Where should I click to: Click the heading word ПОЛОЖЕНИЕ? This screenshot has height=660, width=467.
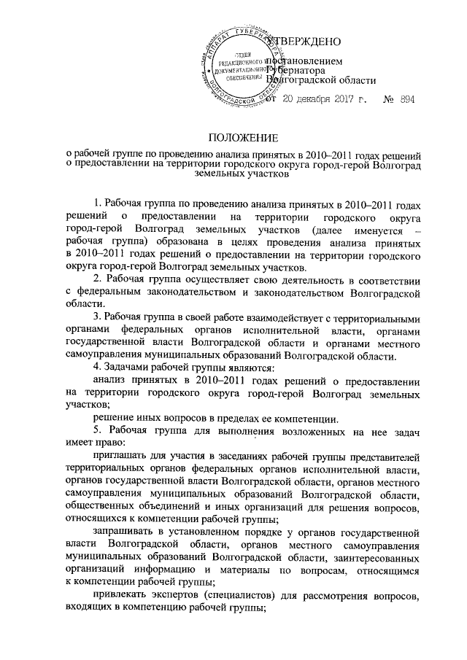(x=233, y=136)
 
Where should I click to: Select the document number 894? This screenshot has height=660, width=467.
(x=407, y=99)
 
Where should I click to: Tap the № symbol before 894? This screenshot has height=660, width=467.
(x=388, y=99)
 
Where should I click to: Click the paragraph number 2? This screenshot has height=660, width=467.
(x=99, y=280)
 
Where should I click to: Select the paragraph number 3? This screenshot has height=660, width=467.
(x=99, y=318)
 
